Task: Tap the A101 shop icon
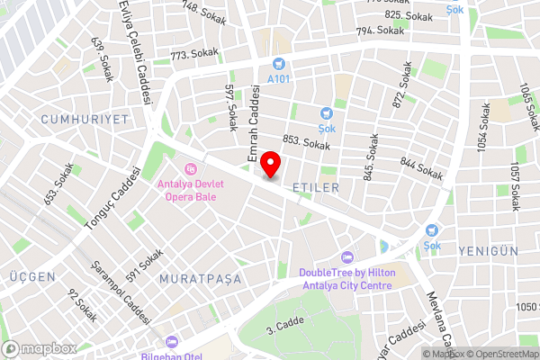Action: (279, 65)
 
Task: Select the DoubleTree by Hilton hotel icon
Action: (348, 257)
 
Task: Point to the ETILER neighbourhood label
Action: (315, 187)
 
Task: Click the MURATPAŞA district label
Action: (201, 279)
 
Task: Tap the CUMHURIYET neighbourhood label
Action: (85, 119)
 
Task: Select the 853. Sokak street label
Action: (306, 142)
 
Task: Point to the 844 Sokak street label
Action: (420, 166)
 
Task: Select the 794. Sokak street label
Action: (379, 31)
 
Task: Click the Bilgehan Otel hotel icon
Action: (171, 342)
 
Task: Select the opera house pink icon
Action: (189, 169)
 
